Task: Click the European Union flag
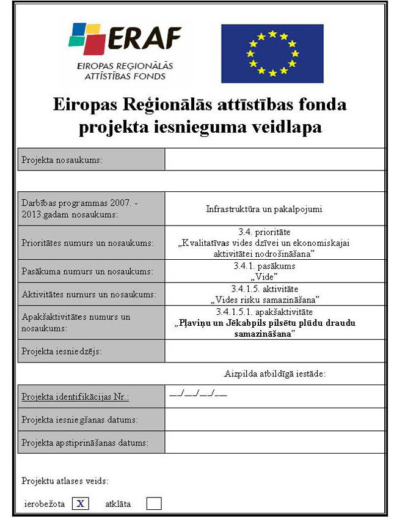tap(272, 53)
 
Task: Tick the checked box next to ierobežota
tap(81, 504)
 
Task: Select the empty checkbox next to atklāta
tap(154, 504)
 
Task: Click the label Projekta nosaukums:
tap(62, 160)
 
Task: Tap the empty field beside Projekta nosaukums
tap(275, 160)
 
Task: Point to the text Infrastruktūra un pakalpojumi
tap(264, 209)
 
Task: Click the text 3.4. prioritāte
tap(264, 232)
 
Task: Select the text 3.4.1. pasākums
tap(264, 266)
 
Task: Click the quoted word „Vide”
tap(264, 276)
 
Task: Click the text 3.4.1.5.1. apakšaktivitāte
tap(264, 312)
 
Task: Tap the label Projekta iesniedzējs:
tap(62, 352)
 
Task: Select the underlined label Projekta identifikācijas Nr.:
tap(75, 397)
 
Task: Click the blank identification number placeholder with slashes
tap(198, 394)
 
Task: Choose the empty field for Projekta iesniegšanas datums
tap(275, 419)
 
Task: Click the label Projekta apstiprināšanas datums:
tap(85, 442)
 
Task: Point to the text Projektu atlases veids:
tap(65, 480)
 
